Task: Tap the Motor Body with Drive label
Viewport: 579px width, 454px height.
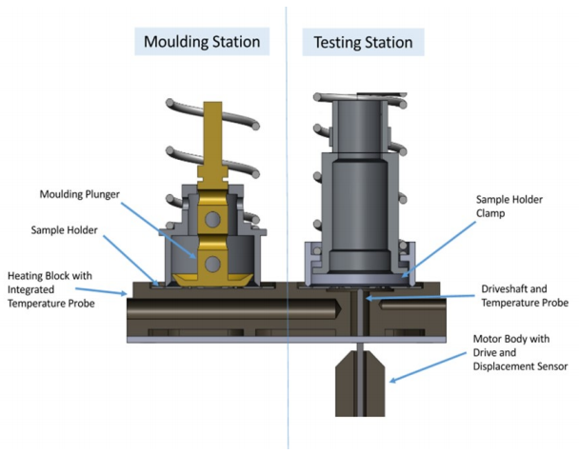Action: click(514, 349)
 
